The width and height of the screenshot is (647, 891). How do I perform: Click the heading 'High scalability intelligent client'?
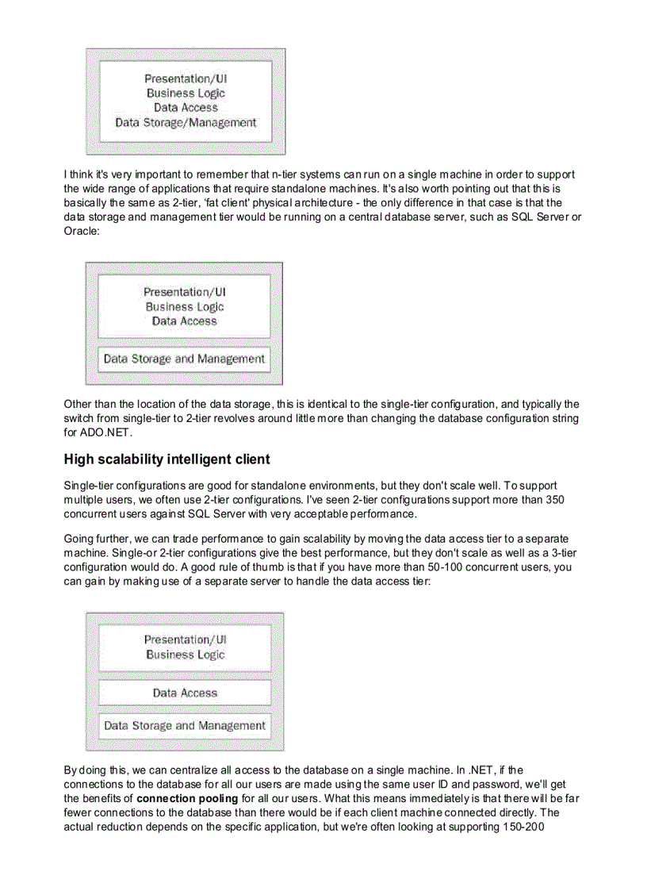[x=167, y=459]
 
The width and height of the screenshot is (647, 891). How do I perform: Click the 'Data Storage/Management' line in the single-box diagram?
[x=186, y=123]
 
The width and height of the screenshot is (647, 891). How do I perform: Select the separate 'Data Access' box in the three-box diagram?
[x=185, y=693]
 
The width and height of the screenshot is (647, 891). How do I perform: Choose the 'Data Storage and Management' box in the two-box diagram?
[x=184, y=359]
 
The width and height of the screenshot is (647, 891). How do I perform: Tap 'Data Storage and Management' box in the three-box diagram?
[x=185, y=725]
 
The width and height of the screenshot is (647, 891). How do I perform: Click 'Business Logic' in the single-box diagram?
[x=186, y=94]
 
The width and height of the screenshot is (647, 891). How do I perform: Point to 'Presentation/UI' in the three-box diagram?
[x=186, y=639]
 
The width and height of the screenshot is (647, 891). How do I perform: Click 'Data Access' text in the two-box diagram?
[x=184, y=321]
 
